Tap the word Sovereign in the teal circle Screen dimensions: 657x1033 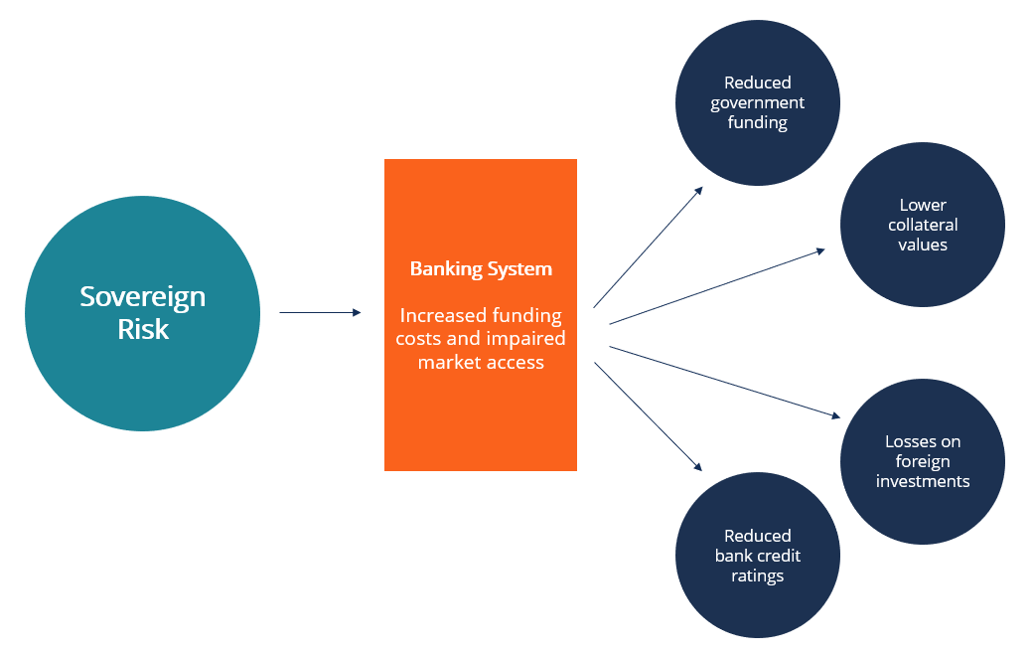(x=142, y=296)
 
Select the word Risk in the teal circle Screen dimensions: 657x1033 (x=143, y=329)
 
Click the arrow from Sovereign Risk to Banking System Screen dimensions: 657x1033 (x=320, y=313)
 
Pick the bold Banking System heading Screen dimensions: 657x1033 (x=481, y=268)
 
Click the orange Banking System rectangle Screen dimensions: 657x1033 (x=481, y=417)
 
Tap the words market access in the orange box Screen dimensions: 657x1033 (x=481, y=362)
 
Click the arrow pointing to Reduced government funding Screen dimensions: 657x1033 (x=648, y=246)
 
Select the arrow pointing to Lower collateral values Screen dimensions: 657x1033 (x=716, y=286)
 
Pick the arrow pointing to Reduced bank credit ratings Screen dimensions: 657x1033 (x=648, y=415)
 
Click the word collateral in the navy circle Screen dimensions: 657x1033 (x=923, y=225)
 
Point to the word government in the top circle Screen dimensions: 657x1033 (x=757, y=102)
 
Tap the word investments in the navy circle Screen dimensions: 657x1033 (x=923, y=481)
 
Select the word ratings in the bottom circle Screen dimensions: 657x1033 (x=757, y=575)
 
